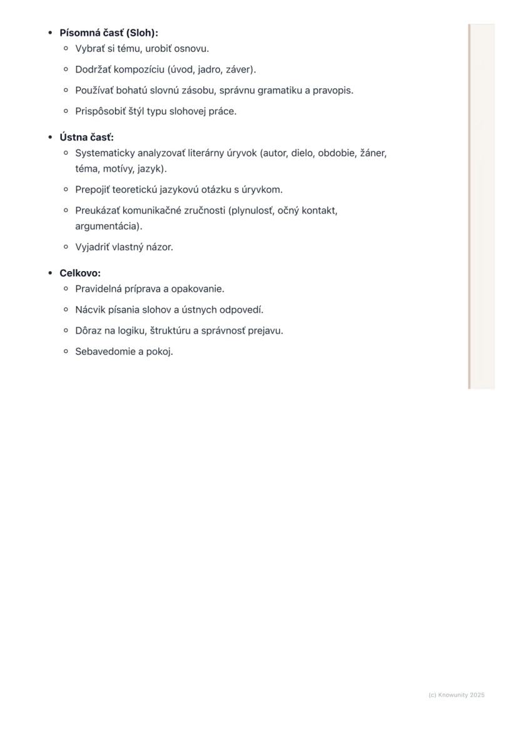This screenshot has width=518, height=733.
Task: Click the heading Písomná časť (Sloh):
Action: (108, 33)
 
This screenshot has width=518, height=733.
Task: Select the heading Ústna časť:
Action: (86, 137)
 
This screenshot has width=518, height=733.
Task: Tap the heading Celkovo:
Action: (79, 273)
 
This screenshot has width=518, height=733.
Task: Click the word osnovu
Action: (191, 48)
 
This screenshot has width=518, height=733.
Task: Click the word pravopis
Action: (333, 90)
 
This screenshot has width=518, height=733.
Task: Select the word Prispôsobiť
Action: (101, 111)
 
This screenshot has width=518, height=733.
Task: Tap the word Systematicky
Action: (105, 153)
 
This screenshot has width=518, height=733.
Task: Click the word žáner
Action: (373, 153)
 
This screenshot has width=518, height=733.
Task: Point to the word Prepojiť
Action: (93, 189)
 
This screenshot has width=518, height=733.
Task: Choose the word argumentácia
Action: (108, 226)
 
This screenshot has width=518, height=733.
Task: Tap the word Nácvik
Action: (90, 309)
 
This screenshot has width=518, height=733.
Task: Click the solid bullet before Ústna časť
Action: (50, 137)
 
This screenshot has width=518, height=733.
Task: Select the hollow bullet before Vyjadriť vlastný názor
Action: (66, 247)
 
